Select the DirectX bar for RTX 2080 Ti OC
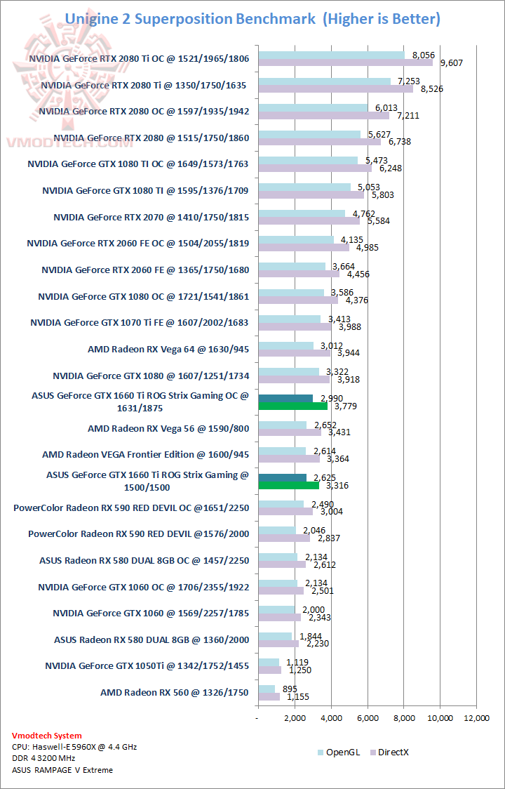345,62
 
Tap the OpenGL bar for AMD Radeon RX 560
267,689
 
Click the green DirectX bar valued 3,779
292,405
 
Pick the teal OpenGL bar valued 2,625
282,478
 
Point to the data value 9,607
452,63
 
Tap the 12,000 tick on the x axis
476,718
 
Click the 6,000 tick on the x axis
367,718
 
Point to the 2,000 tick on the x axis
295,718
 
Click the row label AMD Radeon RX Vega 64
168,348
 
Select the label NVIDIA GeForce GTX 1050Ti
147,665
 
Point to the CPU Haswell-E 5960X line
74,747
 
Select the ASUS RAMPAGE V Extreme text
62,769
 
